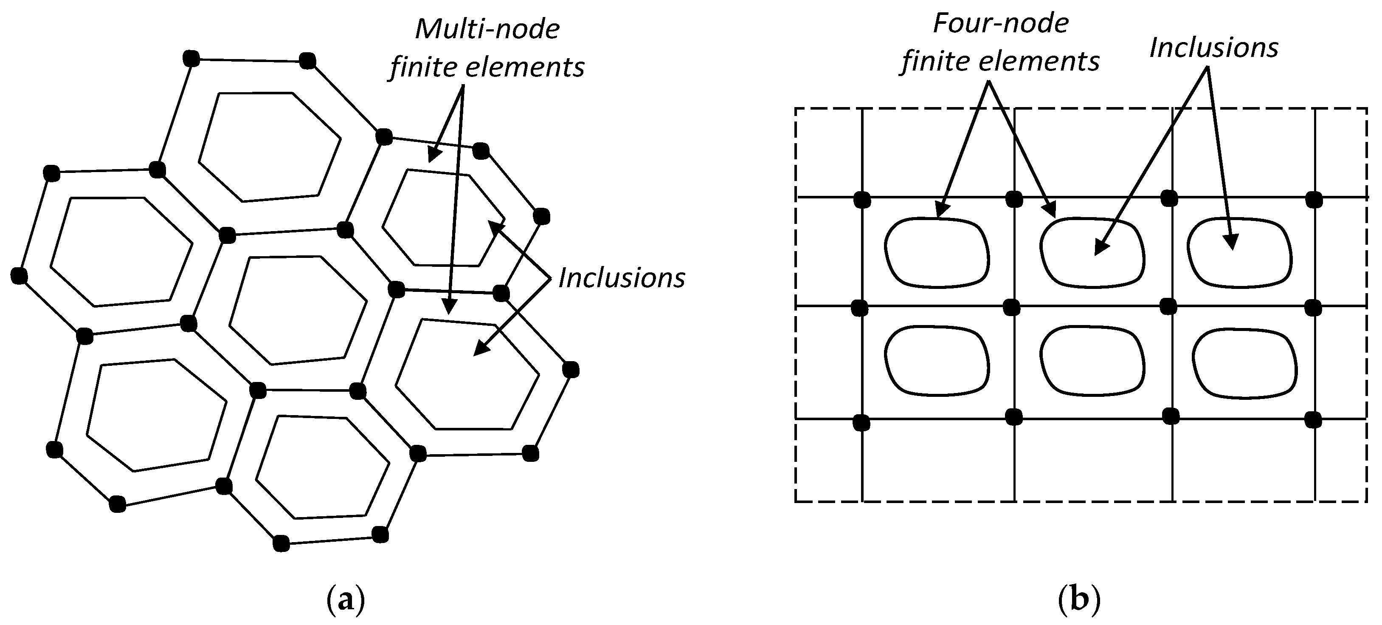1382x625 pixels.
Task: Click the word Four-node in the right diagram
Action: tap(1001, 24)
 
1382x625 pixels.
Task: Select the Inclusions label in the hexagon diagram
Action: tap(621, 278)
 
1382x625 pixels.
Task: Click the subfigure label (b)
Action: tap(1079, 600)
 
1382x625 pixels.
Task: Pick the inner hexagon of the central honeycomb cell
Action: tap(298, 310)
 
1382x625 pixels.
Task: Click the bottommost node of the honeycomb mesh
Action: tap(281, 543)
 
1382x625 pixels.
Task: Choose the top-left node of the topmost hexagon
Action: tap(191, 58)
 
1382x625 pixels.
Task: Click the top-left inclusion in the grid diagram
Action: tap(936, 251)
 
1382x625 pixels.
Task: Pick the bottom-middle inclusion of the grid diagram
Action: tap(1092, 361)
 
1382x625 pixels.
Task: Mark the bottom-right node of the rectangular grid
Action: tap(1313, 420)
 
